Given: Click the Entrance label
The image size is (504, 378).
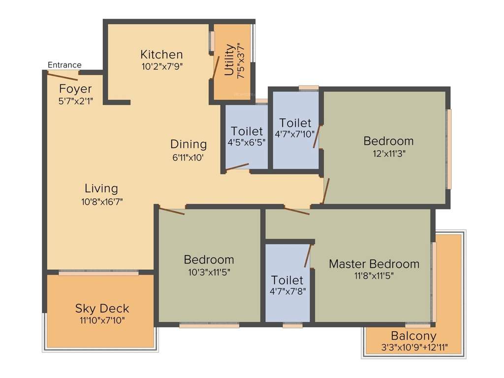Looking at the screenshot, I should [64, 65].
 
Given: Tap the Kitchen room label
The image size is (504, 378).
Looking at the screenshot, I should [161, 54].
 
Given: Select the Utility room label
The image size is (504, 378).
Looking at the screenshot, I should [229, 61].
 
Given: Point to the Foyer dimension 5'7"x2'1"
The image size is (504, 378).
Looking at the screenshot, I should [75, 100].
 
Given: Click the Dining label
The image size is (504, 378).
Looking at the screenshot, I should [189, 144].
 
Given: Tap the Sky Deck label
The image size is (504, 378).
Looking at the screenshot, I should [102, 309].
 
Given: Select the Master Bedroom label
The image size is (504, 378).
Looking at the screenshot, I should [374, 264].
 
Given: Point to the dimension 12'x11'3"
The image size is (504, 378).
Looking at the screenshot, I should [388, 153].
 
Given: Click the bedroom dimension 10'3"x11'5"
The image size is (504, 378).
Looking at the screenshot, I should [209, 271].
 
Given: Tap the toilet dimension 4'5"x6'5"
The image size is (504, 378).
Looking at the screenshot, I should [247, 143].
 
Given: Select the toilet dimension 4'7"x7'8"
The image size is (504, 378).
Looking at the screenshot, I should [287, 291].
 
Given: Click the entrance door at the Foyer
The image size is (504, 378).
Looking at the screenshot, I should [62, 75].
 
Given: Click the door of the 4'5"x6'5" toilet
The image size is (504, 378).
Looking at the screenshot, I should [237, 167].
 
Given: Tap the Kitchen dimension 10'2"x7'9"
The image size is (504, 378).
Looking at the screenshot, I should [161, 66].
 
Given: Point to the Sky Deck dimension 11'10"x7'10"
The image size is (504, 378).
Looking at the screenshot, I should [102, 321].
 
